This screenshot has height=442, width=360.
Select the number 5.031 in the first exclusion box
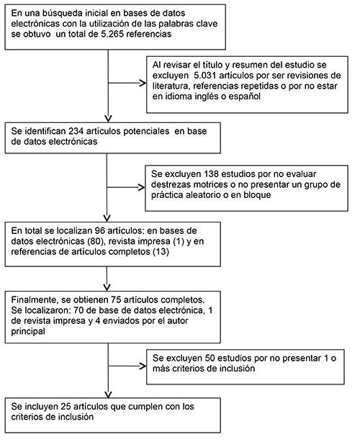205,76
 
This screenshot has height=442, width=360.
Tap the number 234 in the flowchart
76,131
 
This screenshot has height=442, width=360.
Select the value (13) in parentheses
161,252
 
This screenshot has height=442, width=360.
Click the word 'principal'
28,331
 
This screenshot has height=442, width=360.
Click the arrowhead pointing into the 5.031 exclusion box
143,84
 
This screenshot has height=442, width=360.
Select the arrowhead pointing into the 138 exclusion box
142,187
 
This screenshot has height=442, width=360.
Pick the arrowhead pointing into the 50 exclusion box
143,366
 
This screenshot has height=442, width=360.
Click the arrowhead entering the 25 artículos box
109,394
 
